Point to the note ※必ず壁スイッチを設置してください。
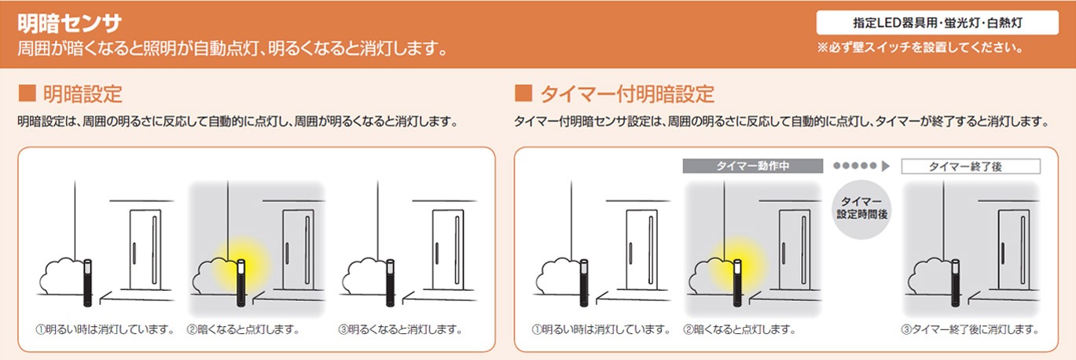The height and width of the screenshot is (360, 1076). pos(920,48)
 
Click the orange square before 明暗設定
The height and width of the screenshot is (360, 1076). pos(28,95)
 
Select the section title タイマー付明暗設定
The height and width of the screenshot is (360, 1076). pos(626,95)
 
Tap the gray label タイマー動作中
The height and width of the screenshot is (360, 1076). pos(747,167)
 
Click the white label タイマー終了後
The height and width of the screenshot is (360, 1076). pos(970,167)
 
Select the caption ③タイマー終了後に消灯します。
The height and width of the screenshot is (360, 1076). pos(970,329)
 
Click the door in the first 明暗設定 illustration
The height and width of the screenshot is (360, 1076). pos(145,250)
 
